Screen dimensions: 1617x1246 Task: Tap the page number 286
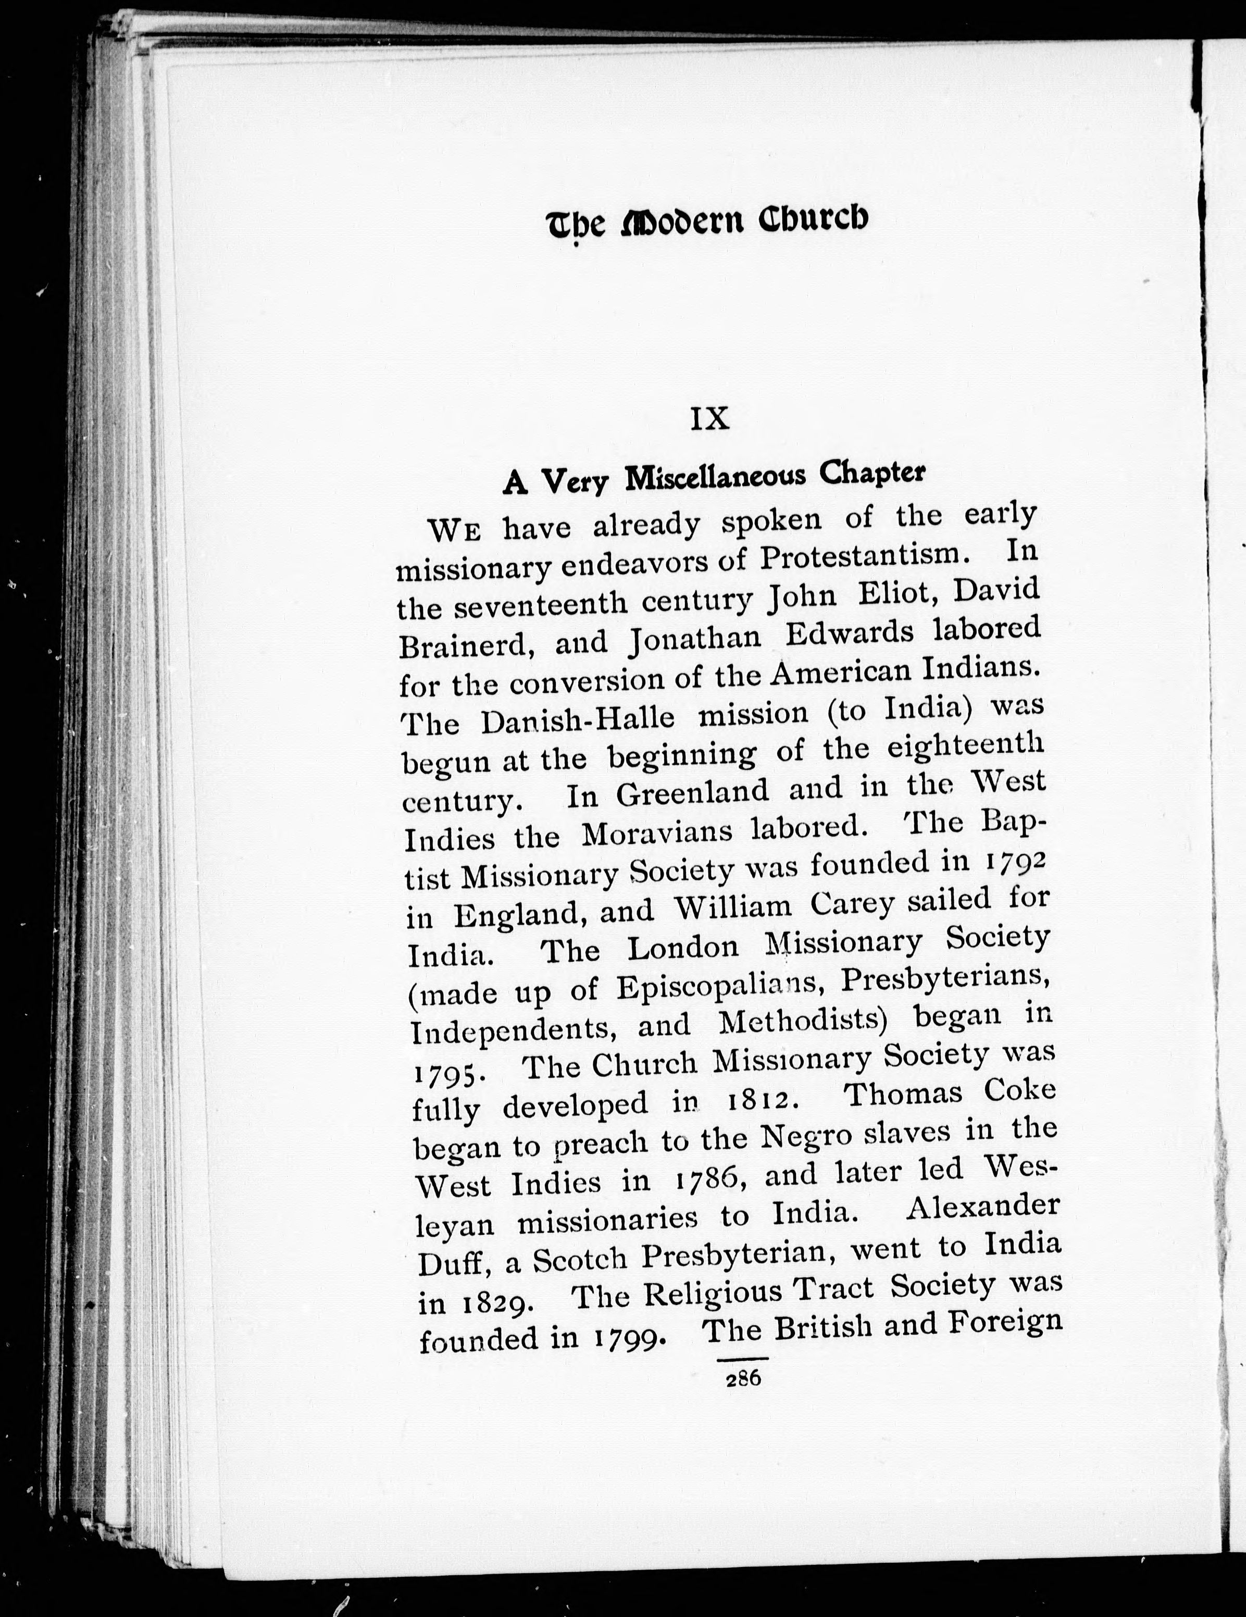(743, 1378)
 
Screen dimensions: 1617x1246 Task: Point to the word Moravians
(657, 833)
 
